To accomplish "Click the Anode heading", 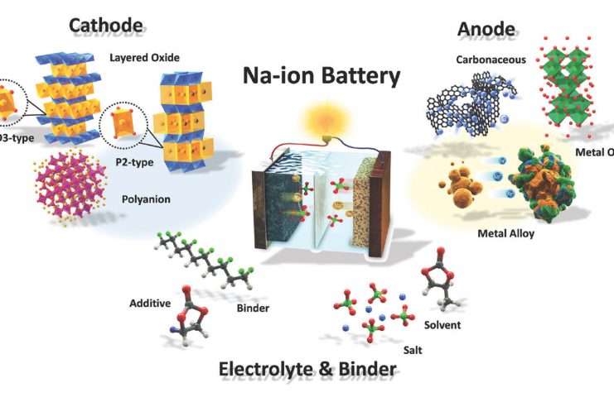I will coord(486,31).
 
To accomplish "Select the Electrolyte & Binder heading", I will coord(307,369).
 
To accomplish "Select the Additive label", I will coord(149,304).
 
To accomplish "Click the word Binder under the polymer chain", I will coord(254,308).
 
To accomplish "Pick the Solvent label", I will coord(443,324).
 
